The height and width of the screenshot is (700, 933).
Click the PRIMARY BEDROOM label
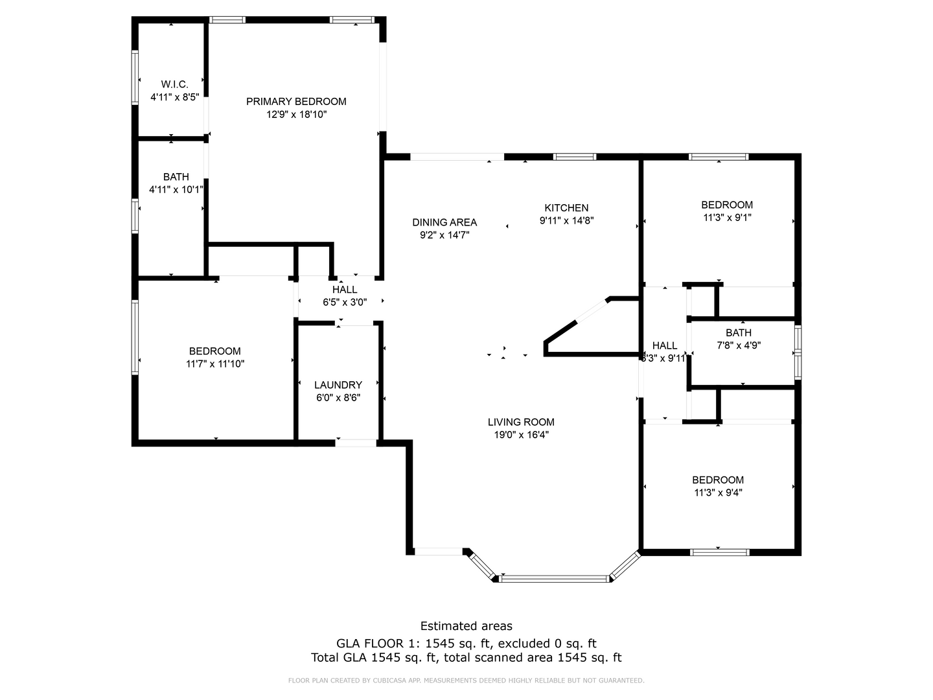pyautogui.click(x=296, y=101)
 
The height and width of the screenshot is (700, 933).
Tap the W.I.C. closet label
pyautogui.click(x=174, y=84)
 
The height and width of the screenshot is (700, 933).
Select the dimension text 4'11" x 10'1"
pyautogui.click(x=176, y=190)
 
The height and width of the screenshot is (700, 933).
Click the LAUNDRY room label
pyautogui.click(x=338, y=385)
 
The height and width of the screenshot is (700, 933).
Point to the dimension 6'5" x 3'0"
pyautogui.click(x=345, y=302)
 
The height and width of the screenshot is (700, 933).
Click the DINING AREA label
pyautogui.click(x=444, y=222)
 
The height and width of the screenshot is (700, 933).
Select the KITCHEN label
pyautogui.click(x=566, y=208)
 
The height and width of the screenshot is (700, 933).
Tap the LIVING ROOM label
pyautogui.click(x=521, y=422)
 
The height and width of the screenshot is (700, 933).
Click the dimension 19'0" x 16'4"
pyautogui.click(x=521, y=435)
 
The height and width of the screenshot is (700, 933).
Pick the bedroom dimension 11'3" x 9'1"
pyautogui.click(x=727, y=218)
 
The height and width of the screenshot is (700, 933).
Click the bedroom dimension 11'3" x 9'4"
pyautogui.click(x=718, y=493)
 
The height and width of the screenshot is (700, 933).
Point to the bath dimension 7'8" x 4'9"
pyautogui.click(x=739, y=345)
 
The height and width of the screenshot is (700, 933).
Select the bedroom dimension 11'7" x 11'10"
pyautogui.click(x=215, y=364)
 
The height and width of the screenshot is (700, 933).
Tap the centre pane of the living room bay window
pyautogui.click(x=555, y=577)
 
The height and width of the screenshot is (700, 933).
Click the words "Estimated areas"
pyautogui.click(x=466, y=626)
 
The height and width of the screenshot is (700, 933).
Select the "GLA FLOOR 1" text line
pyautogui.click(x=466, y=644)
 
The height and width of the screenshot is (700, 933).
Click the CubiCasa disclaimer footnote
pyautogui.click(x=466, y=681)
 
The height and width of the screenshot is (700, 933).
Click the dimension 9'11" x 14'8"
pyautogui.click(x=566, y=220)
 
